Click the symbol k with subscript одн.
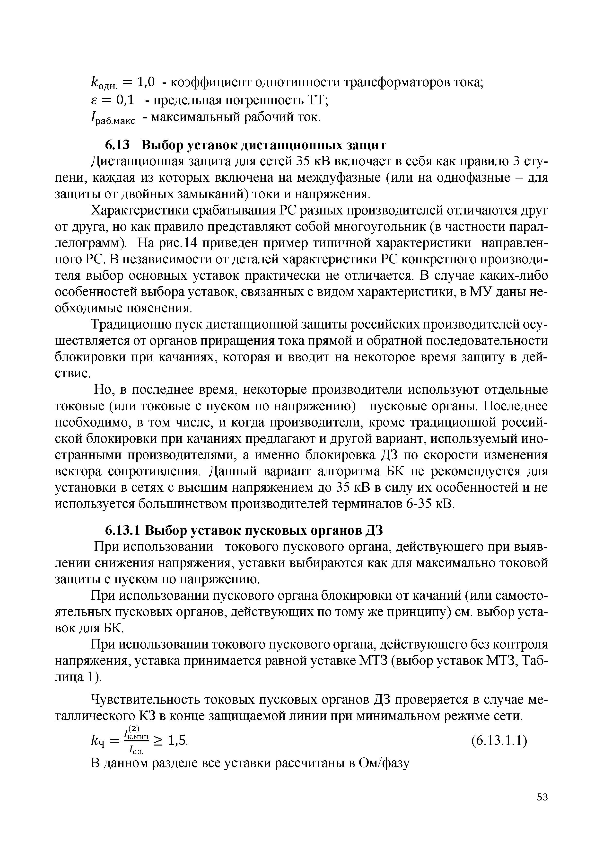point(104,84)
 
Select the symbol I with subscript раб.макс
point(113,119)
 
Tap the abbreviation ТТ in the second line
point(316,100)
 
